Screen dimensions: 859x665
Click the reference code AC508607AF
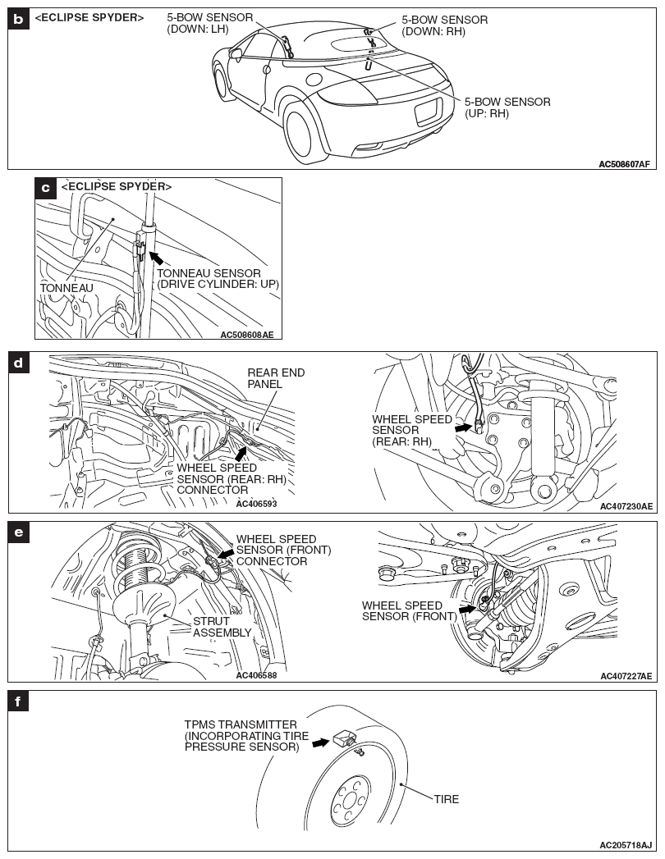click(x=624, y=164)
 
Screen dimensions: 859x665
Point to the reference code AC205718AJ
click(x=626, y=845)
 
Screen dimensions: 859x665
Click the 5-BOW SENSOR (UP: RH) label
click(x=507, y=107)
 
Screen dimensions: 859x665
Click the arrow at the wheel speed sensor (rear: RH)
click(x=464, y=427)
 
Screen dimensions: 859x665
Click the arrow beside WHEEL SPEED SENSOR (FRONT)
click(x=466, y=609)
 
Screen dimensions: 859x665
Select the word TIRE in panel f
click(x=447, y=798)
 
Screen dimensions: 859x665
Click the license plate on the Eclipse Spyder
click(x=429, y=111)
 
